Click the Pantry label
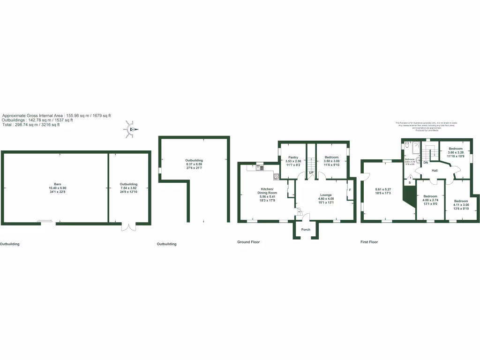pyautogui.click(x=293, y=157)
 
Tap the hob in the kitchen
pyautogui.click(x=276, y=177)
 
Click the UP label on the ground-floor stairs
pyautogui.click(x=311, y=173)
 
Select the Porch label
pyautogui.click(x=306, y=230)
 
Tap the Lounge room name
pyautogui.click(x=326, y=195)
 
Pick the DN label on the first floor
pyautogui.click(x=426, y=162)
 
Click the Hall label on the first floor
pyautogui.click(x=435, y=171)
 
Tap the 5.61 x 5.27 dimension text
pyautogui.click(x=383, y=189)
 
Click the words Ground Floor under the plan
pyautogui.click(x=248, y=242)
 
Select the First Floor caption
pyautogui.click(x=369, y=242)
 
